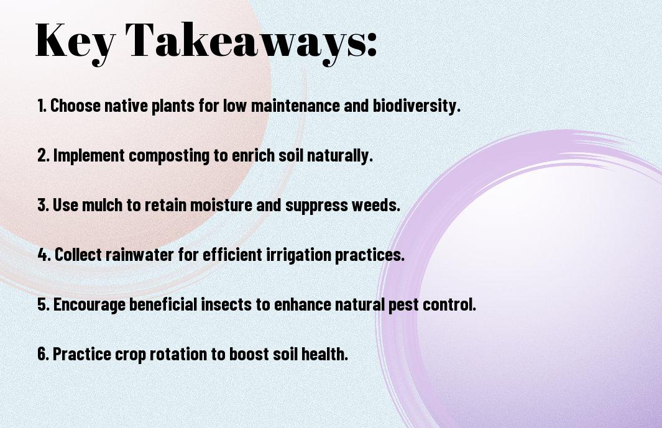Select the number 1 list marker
point(42,106)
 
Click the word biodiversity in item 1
point(416,106)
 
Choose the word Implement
point(89,155)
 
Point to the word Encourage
point(89,304)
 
